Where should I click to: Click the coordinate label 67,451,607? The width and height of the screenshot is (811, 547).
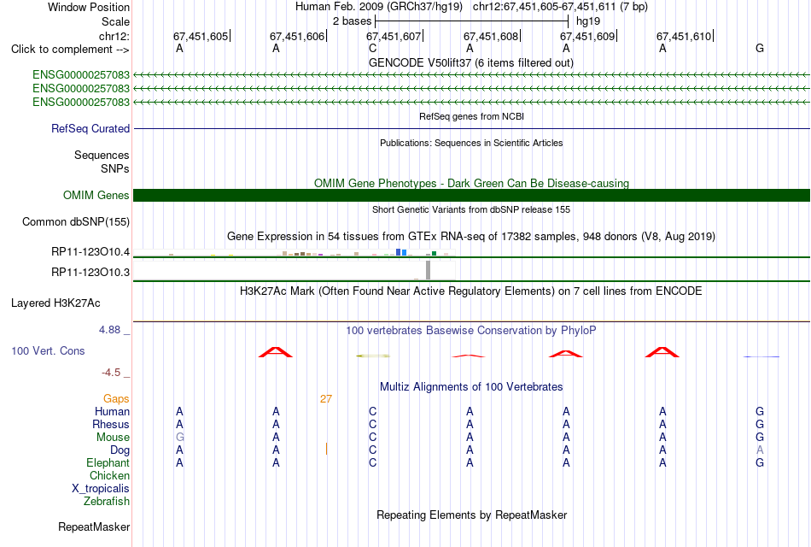pos(393,36)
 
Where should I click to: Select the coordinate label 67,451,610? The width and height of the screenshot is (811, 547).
pos(684,36)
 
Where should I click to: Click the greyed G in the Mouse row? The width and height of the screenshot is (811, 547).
pos(180,438)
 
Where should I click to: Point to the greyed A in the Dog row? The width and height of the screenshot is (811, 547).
pos(760,450)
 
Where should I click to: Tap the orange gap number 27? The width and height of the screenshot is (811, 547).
pos(326,399)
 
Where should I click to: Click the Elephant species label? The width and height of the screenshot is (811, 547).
pos(108,462)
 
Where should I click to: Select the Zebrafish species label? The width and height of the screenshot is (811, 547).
pos(107,501)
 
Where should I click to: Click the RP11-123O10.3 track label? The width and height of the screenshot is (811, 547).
pos(90,272)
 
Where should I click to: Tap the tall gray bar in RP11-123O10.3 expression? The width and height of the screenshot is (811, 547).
pos(428,270)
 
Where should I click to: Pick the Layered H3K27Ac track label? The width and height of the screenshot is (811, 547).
pos(55,303)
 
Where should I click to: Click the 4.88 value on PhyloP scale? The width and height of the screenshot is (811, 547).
pos(109,329)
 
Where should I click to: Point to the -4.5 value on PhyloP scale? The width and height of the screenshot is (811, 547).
pos(111,373)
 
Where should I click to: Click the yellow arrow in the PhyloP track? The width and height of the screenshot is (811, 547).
pos(373,356)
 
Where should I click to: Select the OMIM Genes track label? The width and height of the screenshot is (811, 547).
pos(96,195)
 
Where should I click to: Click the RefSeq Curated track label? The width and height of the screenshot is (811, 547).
pos(90,128)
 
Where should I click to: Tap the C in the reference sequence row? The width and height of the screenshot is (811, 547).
pos(373,48)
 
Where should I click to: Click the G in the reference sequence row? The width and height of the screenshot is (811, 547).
pos(760,48)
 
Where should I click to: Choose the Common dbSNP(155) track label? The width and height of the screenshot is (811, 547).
pos(76,221)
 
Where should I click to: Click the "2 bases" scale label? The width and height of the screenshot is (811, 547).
pos(353,21)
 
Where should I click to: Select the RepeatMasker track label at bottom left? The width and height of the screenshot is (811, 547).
pos(94,526)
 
